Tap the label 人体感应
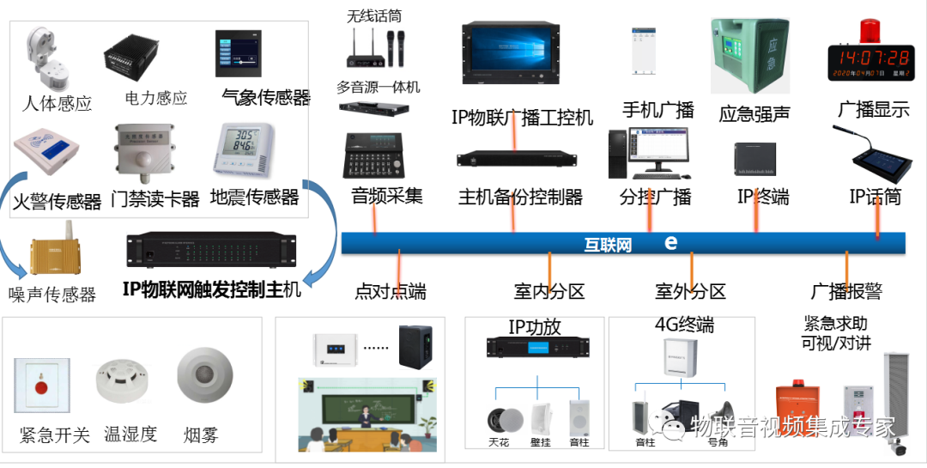click(57, 104)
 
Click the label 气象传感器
click(265, 97)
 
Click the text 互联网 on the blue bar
click(608, 245)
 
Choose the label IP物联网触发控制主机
click(211, 289)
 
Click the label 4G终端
click(683, 325)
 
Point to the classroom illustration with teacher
click(367, 414)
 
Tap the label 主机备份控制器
click(520, 198)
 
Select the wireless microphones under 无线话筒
click(375, 51)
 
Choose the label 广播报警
click(846, 292)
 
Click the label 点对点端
click(390, 292)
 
